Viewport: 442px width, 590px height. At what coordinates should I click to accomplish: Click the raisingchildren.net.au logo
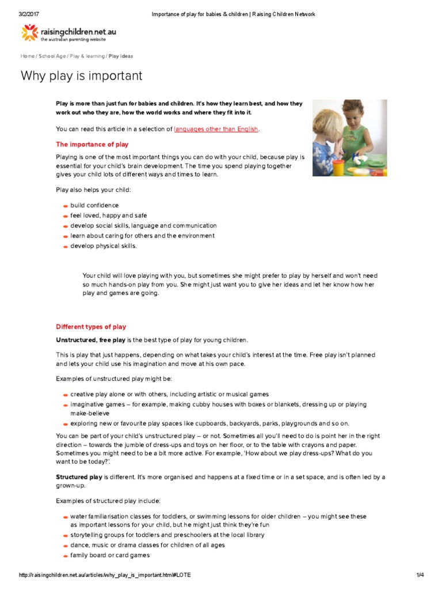[68, 34]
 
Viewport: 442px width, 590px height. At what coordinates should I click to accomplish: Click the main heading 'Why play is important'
[81, 76]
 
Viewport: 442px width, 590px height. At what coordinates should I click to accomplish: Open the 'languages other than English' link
[216, 129]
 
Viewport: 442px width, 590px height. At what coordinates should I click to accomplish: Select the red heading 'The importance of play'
[92, 145]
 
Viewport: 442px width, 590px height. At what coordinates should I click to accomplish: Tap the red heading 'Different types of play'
[91, 327]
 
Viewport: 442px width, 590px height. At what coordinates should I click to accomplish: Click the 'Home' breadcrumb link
[27, 56]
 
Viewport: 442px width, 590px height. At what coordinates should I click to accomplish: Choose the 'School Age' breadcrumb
[52, 56]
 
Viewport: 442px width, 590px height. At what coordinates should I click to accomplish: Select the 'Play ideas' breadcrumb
[121, 56]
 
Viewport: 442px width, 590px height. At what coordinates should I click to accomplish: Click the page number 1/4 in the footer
[420, 575]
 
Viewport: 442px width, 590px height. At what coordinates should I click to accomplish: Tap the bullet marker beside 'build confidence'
[66, 206]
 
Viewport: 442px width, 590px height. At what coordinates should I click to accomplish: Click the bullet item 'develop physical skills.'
[104, 246]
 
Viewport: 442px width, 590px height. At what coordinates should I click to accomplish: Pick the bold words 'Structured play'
[79, 478]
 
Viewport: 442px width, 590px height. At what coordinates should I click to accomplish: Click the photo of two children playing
[349, 138]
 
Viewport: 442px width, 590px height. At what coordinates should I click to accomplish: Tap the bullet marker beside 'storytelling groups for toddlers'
[66, 536]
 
